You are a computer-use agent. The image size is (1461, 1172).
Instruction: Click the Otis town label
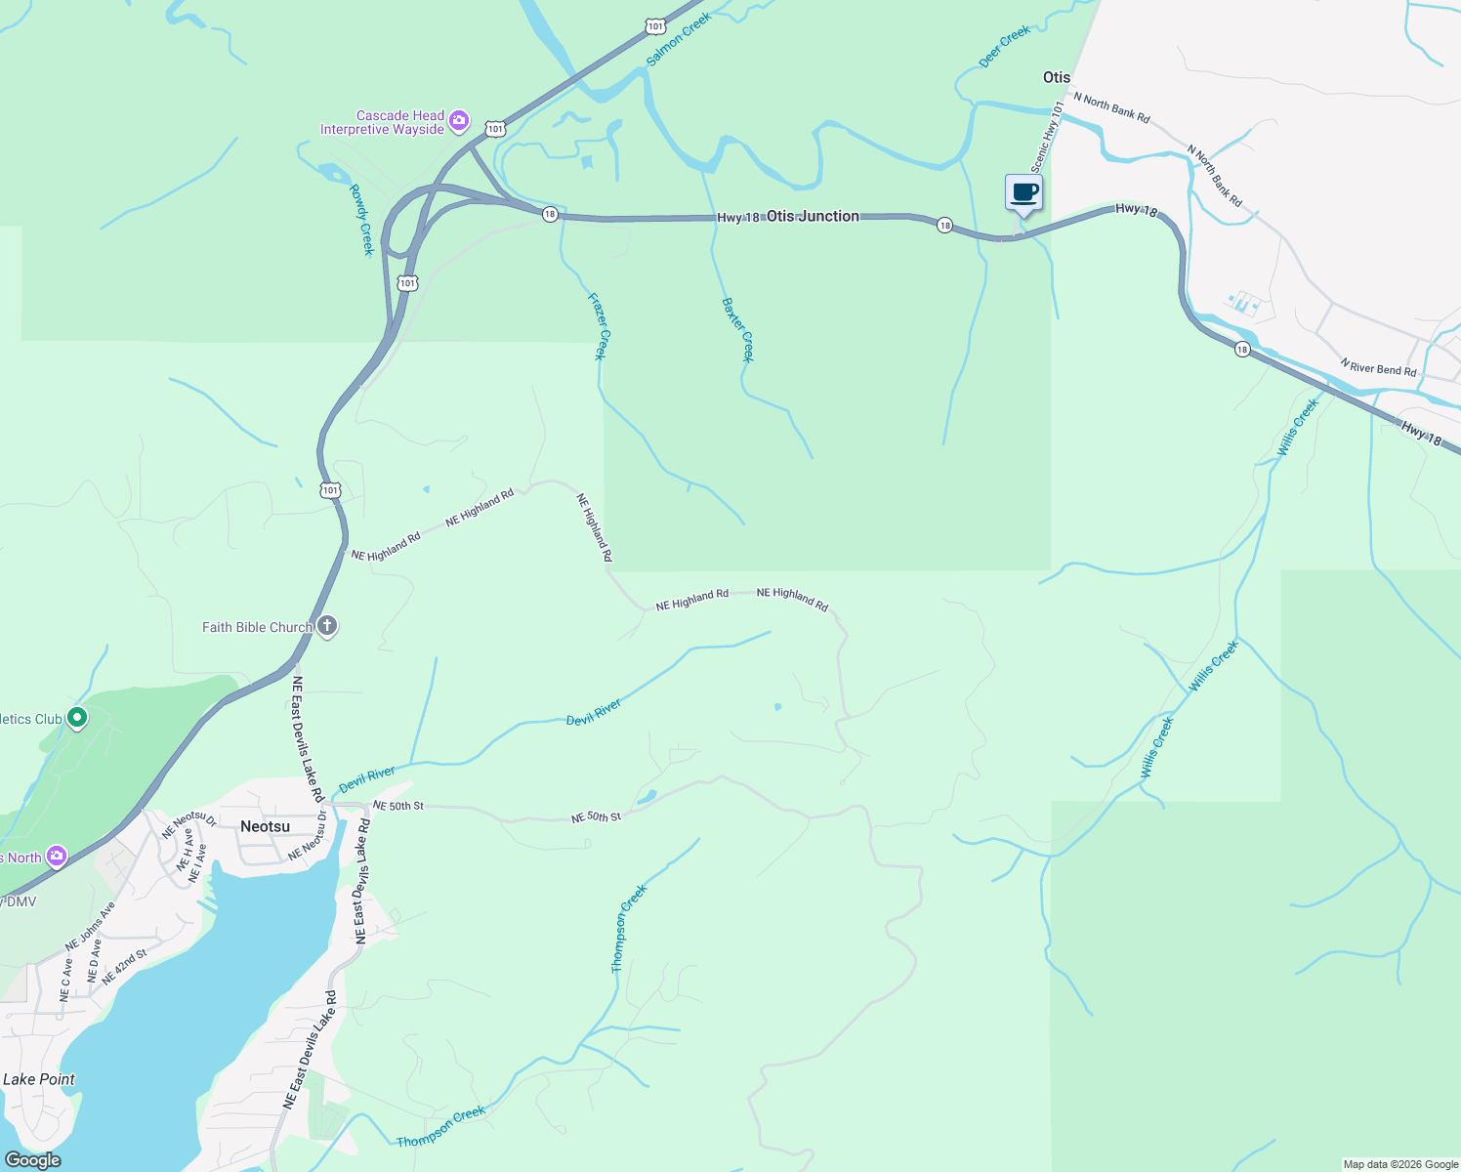(x=1057, y=77)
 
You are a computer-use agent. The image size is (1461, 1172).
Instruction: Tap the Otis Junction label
(x=813, y=216)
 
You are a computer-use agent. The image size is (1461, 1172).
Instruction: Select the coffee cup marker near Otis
(x=1023, y=191)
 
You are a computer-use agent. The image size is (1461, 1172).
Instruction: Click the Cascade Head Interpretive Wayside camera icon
(x=459, y=122)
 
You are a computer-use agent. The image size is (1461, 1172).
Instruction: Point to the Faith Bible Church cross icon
(x=327, y=626)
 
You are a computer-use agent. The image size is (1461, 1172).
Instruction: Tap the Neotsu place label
(x=265, y=826)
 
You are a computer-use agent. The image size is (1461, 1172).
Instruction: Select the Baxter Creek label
(x=737, y=330)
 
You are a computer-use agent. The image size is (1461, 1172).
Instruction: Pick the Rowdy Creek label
(x=361, y=220)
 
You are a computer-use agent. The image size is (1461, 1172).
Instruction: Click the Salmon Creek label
(x=679, y=40)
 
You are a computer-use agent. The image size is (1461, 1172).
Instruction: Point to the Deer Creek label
(x=1005, y=46)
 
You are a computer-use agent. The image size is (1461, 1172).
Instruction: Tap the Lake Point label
(x=39, y=1079)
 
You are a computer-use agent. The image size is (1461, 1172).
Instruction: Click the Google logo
(x=33, y=1160)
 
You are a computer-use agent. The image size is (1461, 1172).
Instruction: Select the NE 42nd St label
(x=124, y=966)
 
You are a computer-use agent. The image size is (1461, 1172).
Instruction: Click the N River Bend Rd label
(x=1378, y=368)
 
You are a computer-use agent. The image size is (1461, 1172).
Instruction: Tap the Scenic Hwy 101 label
(x=1047, y=137)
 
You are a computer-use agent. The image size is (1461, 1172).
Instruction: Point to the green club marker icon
(x=77, y=719)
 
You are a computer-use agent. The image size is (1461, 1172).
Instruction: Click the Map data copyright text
(x=1400, y=1164)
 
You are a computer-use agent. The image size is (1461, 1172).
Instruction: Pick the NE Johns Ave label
(x=90, y=926)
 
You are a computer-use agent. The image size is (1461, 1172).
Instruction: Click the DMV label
(x=21, y=901)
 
